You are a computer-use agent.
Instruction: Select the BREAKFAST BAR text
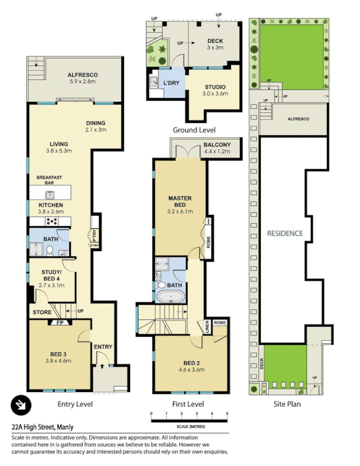[50, 179]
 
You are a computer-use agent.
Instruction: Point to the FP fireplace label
[59, 322]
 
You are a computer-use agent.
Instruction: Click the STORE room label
[42, 312]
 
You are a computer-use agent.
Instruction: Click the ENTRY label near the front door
[103, 347]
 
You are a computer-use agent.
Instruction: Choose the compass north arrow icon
[22, 404]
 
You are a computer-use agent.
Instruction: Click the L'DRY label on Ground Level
[171, 83]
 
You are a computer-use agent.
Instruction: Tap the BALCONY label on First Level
[217, 145]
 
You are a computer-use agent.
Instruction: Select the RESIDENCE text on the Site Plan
[285, 233]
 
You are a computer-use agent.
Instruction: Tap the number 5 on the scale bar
[227, 414]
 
